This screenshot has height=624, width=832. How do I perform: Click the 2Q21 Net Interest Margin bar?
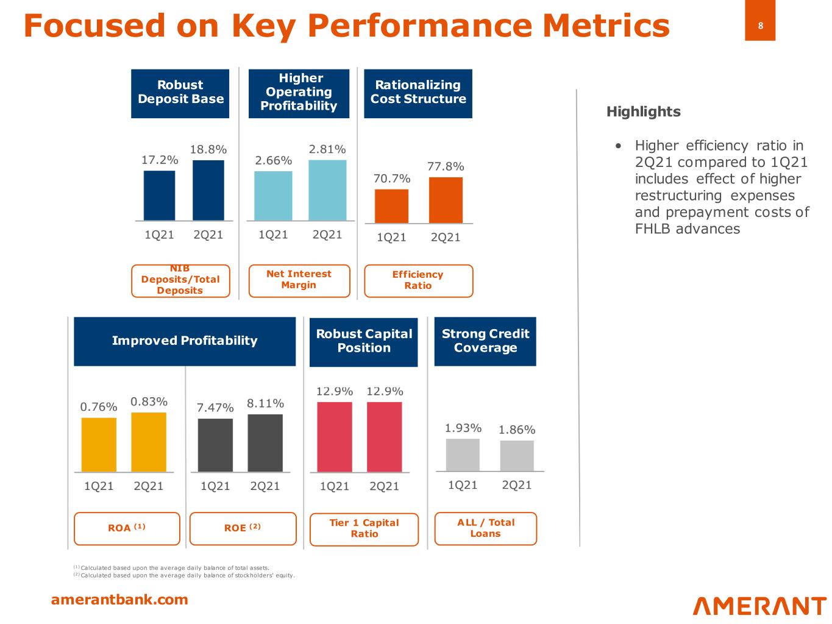pyautogui.click(x=327, y=190)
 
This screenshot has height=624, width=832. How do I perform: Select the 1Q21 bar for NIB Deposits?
pyautogui.click(x=159, y=195)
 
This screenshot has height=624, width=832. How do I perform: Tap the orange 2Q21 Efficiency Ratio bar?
pyautogui.click(x=446, y=200)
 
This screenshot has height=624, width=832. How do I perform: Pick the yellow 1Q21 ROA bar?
pyautogui.click(x=99, y=444)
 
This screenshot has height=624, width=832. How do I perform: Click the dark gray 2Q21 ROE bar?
pyautogui.click(x=265, y=442)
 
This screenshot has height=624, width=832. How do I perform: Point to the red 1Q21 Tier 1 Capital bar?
pyautogui.click(x=335, y=436)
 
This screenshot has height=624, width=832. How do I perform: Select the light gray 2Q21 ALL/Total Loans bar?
pyautogui.click(x=517, y=455)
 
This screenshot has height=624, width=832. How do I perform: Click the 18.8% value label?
pyautogui.click(x=208, y=149)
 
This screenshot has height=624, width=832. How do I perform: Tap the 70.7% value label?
pyautogui.click(x=392, y=179)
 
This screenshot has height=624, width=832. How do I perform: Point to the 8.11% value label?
pyautogui.click(x=265, y=403)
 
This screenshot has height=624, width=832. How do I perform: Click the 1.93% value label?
pyautogui.click(x=463, y=428)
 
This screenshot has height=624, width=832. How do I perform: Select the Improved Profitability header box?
pyautogui.click(x=185, y=341)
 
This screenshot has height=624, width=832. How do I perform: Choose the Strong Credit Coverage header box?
pyautogui.click(x=485, y=341)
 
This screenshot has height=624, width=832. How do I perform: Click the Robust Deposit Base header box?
pyautogui.click(x=180, y=93)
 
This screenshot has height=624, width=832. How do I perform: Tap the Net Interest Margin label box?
pyautogui.click(x=299, y=280)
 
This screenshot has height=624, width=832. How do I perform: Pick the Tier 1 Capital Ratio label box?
pyautogui.click(x=364, y=529)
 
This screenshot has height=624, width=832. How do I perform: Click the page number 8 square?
pyautogui.click(x=760, y=26)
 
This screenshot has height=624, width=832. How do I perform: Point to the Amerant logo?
pyautogui.click(x=759, y=606)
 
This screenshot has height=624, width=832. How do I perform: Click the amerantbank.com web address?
pyautogui.click(x=119, y=600)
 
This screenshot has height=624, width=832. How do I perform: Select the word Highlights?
pyautogui.click(x=643, y=112)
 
